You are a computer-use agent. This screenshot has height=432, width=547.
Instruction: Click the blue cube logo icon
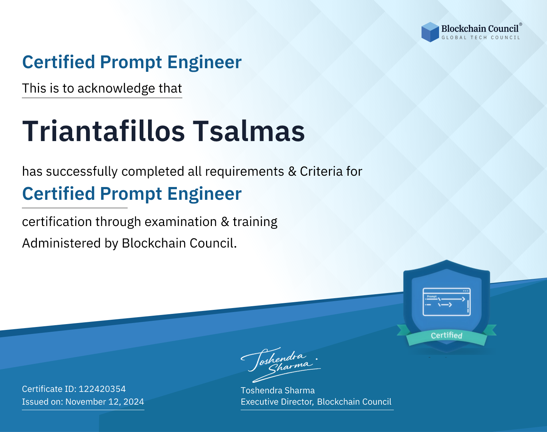(430, 32)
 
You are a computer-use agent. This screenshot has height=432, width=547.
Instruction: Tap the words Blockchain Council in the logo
(480, 29)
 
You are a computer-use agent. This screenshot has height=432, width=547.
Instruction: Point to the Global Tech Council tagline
(481, 38)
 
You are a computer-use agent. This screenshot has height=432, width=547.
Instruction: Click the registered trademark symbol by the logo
(520, 24)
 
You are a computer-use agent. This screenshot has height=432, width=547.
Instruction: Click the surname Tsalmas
(249, 131)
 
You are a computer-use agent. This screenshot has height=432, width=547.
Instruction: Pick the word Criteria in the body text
(321, 171)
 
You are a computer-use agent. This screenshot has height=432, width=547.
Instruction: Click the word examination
(181, 222)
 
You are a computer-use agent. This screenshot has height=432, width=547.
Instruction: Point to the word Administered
(61, 243)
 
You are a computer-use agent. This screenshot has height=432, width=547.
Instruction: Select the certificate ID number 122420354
(102, 389)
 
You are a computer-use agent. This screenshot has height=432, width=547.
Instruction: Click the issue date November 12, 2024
(105, 402)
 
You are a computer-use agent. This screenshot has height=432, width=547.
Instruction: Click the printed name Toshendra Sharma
(278, 390)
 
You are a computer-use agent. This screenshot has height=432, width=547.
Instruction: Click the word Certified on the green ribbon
(447, 335)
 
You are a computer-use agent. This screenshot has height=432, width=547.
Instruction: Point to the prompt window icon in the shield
(447, 302)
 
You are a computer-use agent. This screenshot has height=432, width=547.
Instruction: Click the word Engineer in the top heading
(204, 62)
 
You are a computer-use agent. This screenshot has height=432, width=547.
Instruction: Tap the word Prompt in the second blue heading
(131, 194)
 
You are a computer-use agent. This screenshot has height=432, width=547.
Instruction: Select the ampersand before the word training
(225, 222)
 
